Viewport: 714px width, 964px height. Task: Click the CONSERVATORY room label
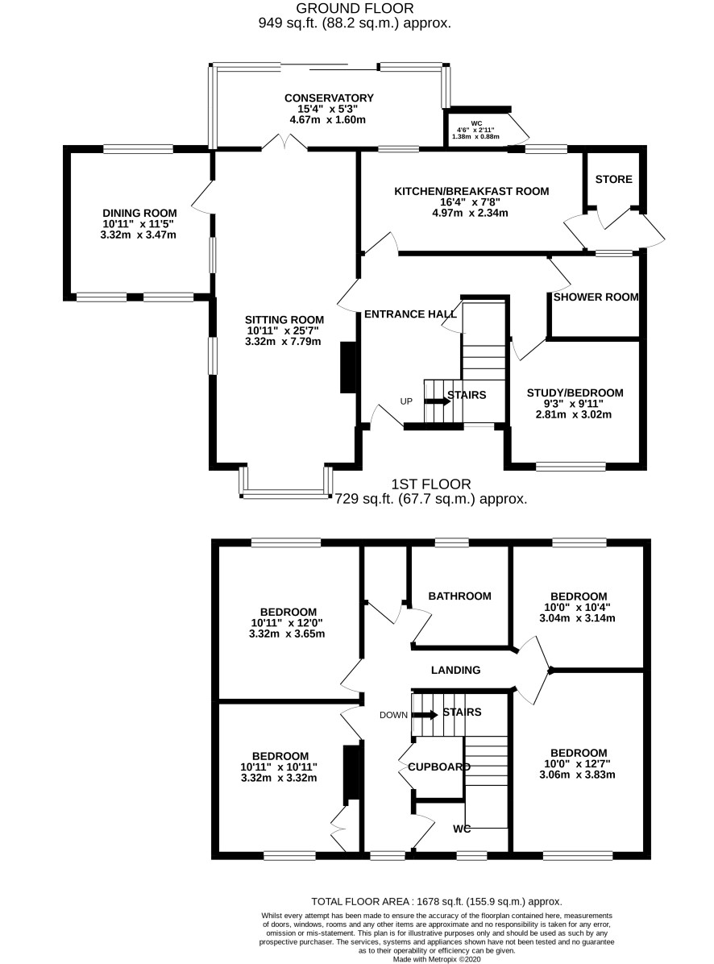(329, 98)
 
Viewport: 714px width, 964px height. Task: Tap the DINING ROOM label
(139, 214)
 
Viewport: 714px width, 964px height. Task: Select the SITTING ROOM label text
(284, 320)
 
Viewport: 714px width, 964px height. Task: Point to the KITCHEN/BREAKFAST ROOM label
(471, 191)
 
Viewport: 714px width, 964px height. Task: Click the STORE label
(613, 179)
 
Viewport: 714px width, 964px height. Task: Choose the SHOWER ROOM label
(596, 297)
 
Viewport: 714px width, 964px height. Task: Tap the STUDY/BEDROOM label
(575, 393)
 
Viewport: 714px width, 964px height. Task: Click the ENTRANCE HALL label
(410, 314)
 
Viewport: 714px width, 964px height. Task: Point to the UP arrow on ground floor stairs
(437, 401)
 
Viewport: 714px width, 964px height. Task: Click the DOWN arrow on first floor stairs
(425, 714)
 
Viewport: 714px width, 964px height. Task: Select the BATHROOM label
(459, 596)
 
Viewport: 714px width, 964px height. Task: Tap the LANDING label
(455, 670)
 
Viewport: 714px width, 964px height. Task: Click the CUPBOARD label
(439, 767)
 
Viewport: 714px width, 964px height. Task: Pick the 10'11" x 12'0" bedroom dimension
(287, 623)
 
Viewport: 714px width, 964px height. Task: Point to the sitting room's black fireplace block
(349, 367)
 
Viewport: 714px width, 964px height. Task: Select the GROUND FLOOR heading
(355, 8)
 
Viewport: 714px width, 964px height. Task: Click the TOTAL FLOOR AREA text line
(436, 902)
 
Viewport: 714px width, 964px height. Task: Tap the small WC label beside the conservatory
(476, 123)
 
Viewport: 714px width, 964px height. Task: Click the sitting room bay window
(286, 484)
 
